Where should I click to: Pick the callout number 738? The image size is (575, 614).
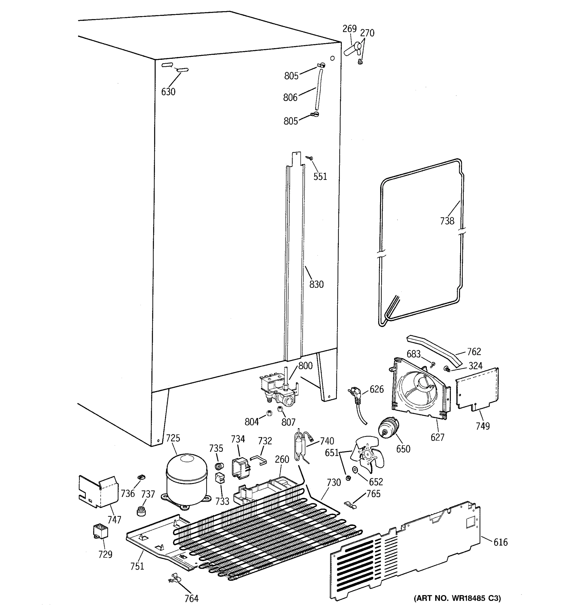tap(447, 221)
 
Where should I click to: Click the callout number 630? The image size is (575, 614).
tap(168, 92)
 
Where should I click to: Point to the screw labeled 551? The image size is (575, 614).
tap(310, 158)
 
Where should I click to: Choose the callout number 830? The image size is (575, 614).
tap(316, 284)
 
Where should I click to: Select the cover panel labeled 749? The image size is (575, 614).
tap(477, 389)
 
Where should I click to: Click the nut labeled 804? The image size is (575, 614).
tap(269, 413)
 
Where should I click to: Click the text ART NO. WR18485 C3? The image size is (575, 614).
tap(457, 598)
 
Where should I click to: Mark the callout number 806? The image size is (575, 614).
tap(290, 97)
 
